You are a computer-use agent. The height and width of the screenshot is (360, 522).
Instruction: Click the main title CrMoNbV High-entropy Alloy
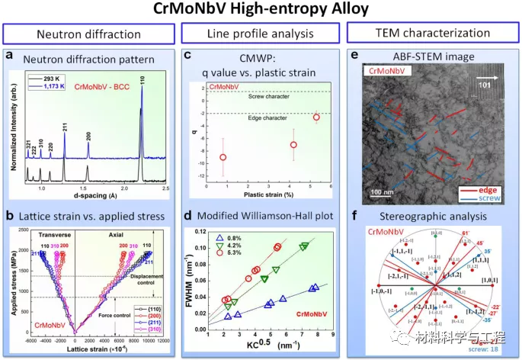tap(261, 11)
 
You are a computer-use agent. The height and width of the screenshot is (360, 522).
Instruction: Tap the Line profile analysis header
tap(261, 35)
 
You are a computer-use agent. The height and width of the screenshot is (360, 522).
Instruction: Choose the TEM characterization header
tap(431, 35)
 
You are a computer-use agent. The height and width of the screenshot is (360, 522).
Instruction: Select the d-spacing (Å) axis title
tap(103, 197)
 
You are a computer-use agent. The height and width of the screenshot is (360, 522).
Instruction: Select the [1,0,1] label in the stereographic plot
tap(486, 280)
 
